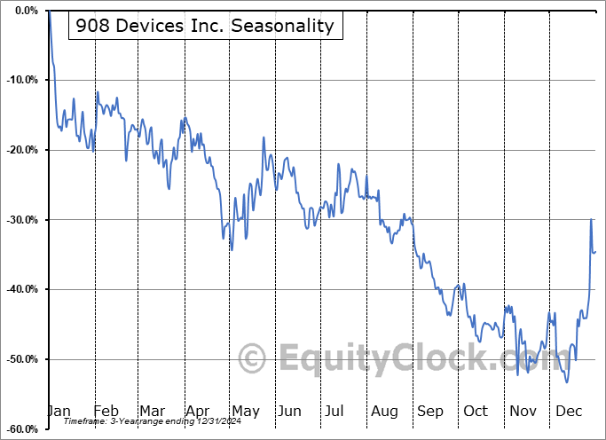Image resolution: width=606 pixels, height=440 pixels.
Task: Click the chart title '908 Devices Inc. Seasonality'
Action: pos(205,26)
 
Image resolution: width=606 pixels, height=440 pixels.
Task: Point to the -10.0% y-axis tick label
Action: pos(22,80)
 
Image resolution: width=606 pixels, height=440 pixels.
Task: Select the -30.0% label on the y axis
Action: pos(22,220)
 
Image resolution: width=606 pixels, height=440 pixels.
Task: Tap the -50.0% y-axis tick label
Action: pos(22,359)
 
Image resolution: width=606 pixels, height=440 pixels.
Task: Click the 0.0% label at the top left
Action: pos(27,11)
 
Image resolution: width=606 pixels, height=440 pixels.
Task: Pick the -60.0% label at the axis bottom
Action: pos(22,429)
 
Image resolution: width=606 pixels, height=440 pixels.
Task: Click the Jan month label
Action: pos(59,411)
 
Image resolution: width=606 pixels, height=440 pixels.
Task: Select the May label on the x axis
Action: pos(246,412)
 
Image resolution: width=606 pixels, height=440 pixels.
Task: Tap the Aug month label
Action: pos(384,412)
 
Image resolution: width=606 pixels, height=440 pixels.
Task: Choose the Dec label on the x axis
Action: pos(569,411)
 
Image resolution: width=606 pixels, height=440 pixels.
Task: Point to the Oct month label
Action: pos(476,411)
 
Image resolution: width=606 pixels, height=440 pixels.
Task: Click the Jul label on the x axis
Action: pos(334,411)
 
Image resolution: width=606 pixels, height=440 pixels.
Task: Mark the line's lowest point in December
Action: pos(567,382)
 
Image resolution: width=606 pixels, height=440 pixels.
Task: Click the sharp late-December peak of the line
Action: pos(591,219)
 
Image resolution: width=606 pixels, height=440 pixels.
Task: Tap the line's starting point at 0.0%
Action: pos(50,11)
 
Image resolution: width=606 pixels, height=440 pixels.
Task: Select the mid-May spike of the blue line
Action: pos(264,137)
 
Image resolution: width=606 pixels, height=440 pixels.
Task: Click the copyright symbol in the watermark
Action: pos(252,358)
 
